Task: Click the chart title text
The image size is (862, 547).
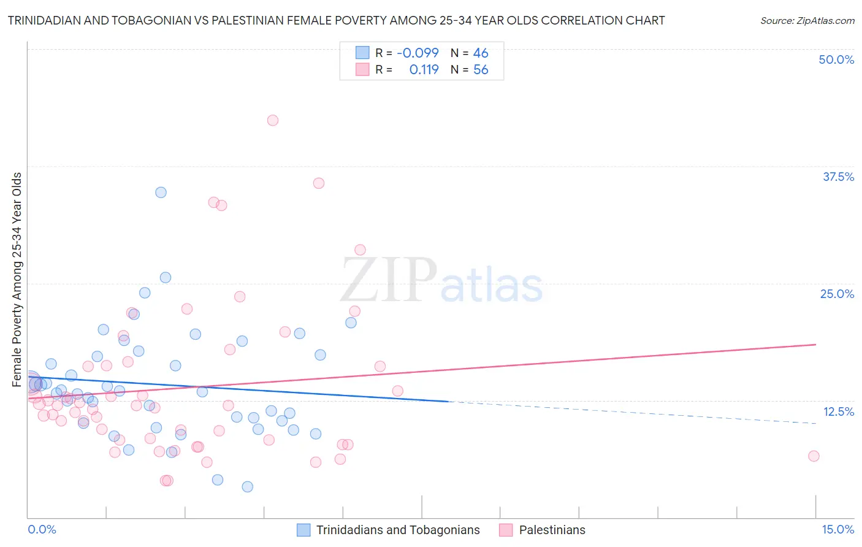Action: click(x=336, y=20)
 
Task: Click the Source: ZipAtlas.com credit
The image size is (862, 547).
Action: click(x=807, y=20)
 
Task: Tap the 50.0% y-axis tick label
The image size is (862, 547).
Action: click(x=836, y=59)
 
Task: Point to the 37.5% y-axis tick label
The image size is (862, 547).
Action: click(x=838, y=177)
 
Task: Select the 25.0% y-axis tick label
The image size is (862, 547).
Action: click(x=837, y=294)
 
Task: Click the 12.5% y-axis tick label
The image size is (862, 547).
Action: click(x=838, y=411)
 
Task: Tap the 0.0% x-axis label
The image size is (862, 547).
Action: click(x=42, y=529)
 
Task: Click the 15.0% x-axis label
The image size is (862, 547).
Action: click(x=837, y=529)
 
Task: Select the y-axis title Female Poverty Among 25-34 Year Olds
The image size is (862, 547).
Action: click(x=17, y=280)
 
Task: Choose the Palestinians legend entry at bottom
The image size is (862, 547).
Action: click(x=552, y=530)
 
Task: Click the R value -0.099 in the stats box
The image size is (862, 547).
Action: click(x=418, y=53)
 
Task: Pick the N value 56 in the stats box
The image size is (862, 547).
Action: click(x=481, y=70)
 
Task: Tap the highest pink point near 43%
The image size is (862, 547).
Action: click(x=273, y=120)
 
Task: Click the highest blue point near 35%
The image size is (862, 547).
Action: click(x=161, y=193)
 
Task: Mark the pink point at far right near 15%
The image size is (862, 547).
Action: click(x=814, y=456)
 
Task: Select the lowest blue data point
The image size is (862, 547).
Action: click(x=248, y=487)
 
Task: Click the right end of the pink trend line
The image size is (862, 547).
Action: click(x=815, y=345)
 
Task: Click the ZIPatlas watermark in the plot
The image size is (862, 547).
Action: click(x=441, y=281)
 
